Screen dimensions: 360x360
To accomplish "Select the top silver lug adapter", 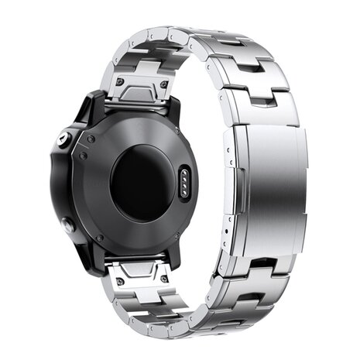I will tap(142, 85).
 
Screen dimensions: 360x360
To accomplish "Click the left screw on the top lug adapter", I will tap(120, 82).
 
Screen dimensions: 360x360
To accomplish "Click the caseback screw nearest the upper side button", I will tap(91, 138).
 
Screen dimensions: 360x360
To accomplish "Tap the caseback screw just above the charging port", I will tap(180, 155).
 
